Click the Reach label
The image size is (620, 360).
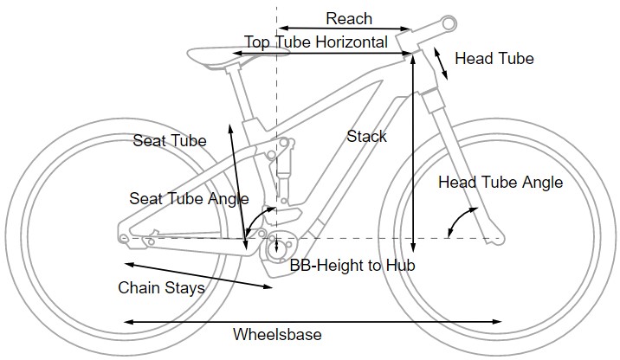(x=349, y=18)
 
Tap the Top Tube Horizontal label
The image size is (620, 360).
(x=315, y=42)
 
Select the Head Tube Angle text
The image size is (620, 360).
(x=500, y=183)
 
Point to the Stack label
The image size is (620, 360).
(x=366, y=136)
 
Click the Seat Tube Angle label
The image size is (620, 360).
(x=188, y=198)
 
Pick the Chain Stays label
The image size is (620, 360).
(x=161, y=287)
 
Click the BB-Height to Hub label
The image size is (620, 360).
(x=352, y=266)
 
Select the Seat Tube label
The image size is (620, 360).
(x=169, y=139)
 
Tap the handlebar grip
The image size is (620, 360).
(x=448, y=22)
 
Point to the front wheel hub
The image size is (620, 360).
(x=498, y=236)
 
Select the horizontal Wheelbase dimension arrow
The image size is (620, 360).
(x=312, y=322)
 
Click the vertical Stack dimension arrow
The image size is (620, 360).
(x=415, y=147)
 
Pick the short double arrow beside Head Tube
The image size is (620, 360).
(x=441, y=62)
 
